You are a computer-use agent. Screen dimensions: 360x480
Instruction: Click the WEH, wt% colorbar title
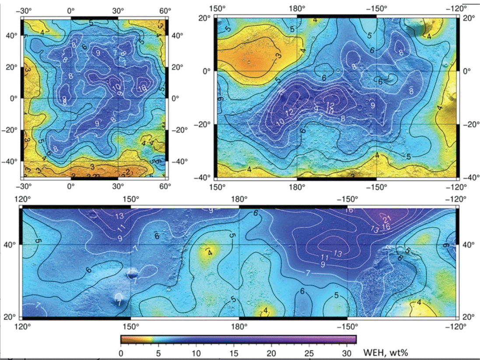point(387,351)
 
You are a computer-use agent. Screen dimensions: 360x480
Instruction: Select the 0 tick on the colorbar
point(121,351)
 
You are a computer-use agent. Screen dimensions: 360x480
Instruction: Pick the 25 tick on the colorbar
point(310,351)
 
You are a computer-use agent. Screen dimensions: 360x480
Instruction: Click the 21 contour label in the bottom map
point(387,219)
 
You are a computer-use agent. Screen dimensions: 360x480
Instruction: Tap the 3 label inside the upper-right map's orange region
point(278,56)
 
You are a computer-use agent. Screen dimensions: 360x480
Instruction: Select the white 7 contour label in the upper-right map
point(320,116)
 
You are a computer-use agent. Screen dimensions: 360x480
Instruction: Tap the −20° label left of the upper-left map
point(10,130)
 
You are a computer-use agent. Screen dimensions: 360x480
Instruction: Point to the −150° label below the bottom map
point(348,326)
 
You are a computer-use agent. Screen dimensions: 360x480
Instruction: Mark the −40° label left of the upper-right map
point(205,178)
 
